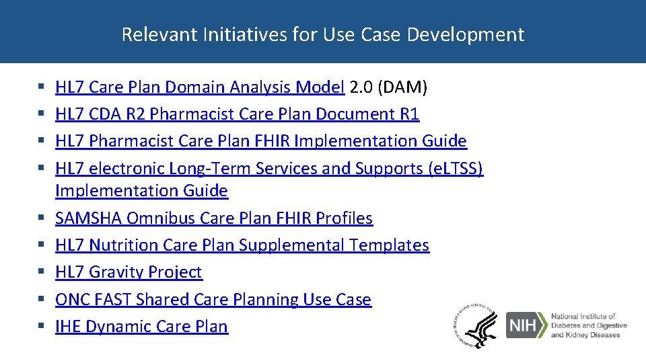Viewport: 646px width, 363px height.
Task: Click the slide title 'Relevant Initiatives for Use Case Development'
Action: pyautogui.click(x=322, y=34)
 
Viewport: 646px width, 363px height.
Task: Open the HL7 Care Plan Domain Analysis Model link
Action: pyautogui.click(x=200, y=87)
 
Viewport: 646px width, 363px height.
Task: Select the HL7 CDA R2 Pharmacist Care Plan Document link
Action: pyautogui.click(x=237, y=114)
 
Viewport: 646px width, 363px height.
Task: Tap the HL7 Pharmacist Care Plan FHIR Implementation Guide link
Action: pyautogui.click(x=260, y=141)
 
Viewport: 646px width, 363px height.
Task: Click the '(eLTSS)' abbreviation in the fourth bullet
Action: pyautogui.click(x=456, y=169)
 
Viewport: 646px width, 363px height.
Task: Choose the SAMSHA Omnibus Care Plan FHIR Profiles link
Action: pyautogui.click(x=213, y=218)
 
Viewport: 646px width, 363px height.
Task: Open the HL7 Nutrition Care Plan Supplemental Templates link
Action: pyautogui.click(x=242, y=245)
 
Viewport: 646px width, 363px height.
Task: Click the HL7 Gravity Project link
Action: pyautogui.click(x=128, y=272)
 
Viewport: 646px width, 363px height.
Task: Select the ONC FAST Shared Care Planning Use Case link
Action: pyautogui.click(x=213, y=299)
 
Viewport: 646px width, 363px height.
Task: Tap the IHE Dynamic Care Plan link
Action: pyautogui.click(x=141, y=327)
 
